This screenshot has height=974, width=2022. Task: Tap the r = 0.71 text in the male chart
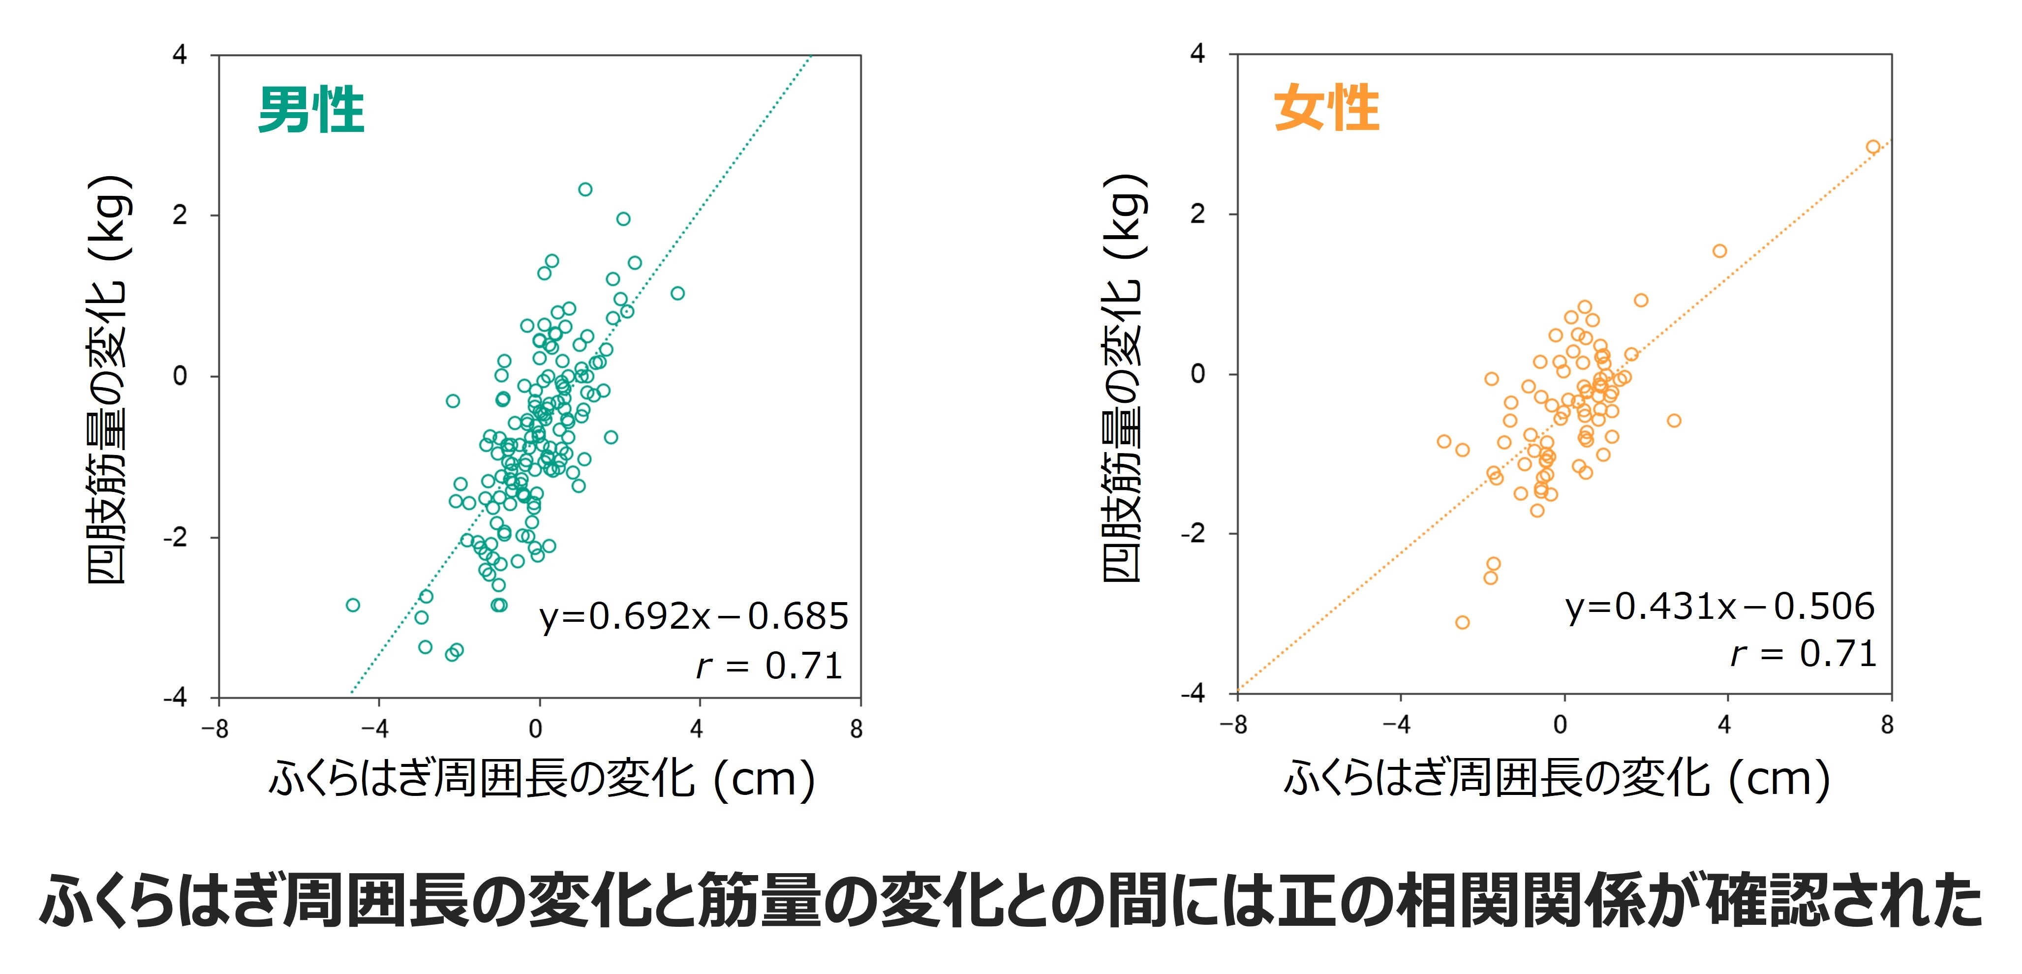click(769, 667)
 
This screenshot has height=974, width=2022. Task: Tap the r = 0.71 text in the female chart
click(1803, 654)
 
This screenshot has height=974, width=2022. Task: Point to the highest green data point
click(585, 189)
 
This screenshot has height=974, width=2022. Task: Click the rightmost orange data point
click(1873, 147)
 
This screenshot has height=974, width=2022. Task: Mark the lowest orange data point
click(1462, 622)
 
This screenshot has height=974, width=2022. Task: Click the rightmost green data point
click(677, 294)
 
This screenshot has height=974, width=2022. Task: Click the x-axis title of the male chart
click(542, 779)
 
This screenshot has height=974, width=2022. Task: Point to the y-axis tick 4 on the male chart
click(180, 55)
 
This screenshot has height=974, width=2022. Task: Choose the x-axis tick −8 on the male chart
click(215, 729)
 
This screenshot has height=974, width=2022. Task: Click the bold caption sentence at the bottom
click(1011, 900)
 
